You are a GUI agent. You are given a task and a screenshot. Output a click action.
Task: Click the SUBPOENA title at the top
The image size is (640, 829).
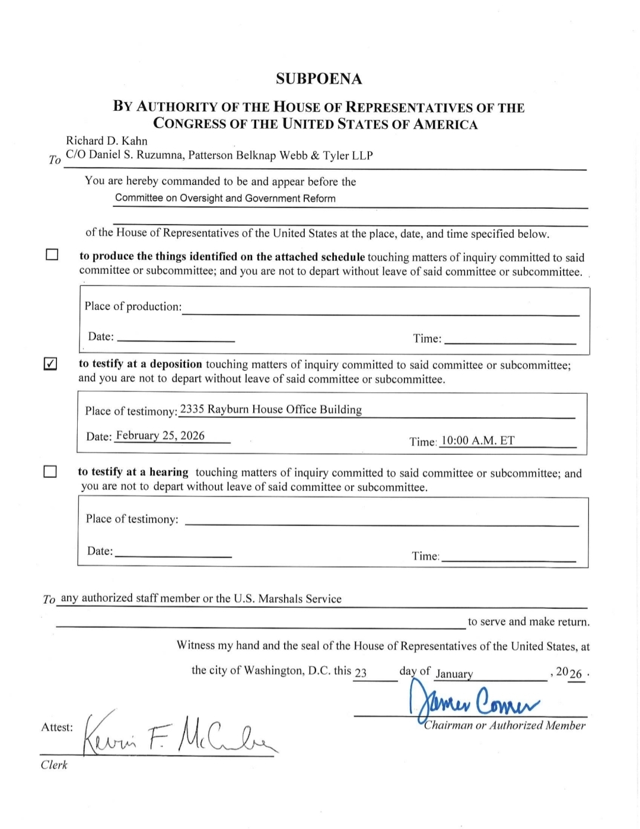point(319,79)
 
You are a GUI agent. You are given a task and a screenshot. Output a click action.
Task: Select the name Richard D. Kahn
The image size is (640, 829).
point(107,141)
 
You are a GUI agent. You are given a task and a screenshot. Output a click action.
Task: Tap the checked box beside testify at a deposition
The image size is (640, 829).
point(51,364)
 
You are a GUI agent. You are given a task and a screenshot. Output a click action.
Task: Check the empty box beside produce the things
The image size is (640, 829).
point(52,255)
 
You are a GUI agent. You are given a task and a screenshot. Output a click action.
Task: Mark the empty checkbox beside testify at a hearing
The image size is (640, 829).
point(50,472)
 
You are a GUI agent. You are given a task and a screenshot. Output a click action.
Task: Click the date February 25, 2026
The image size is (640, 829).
point(160,436)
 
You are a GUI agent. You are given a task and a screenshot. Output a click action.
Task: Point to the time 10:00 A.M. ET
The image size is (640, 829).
point(478,441)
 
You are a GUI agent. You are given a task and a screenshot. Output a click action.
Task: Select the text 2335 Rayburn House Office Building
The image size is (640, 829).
point(271,410)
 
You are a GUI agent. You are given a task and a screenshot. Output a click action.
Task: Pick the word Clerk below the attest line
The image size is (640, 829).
point(54,765)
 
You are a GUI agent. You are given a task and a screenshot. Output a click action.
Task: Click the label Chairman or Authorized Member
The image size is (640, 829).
point(505,725)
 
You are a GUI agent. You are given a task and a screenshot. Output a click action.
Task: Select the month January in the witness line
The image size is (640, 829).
point(454,674)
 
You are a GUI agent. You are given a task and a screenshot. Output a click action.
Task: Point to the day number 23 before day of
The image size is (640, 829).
point(361,672)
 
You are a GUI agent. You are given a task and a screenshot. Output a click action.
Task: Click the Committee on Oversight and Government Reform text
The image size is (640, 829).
point(225,198)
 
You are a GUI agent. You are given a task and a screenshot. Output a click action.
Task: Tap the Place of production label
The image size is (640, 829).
point(133,307)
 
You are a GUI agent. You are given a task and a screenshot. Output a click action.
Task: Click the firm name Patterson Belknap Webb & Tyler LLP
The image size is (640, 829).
point(281,156)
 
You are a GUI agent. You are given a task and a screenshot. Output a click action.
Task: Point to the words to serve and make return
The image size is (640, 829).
point(528,622)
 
